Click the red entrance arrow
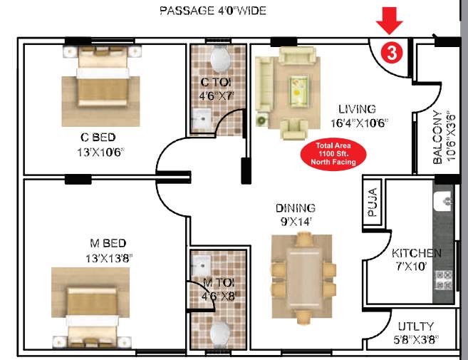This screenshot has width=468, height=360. tap(389, 19)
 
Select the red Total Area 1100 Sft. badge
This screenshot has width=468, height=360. tap(333, 154)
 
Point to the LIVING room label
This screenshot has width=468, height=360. tap(357, 109)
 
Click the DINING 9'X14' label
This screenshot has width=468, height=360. tap(296, 214)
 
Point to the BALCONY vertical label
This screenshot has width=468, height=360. tap(442, 138)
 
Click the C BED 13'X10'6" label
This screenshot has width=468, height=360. tap(98, 143)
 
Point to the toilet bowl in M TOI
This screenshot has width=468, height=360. tap(220, 333)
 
